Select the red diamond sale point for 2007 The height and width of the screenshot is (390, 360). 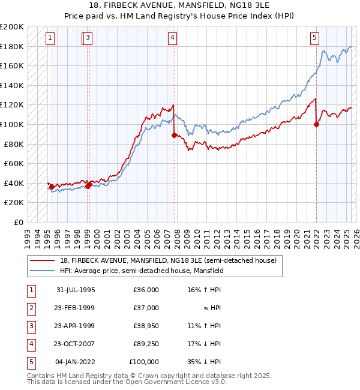click(x=174, y=136)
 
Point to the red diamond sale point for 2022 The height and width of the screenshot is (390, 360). click(x=316, y=125)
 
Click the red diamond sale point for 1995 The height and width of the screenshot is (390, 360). click(x=52, y=187)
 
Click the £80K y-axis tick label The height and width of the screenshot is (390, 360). click(x=14, y=144)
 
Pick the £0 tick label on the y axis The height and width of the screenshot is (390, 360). click(x=19, y=222)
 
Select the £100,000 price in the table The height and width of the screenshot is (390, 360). click(x=144, y=362)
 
